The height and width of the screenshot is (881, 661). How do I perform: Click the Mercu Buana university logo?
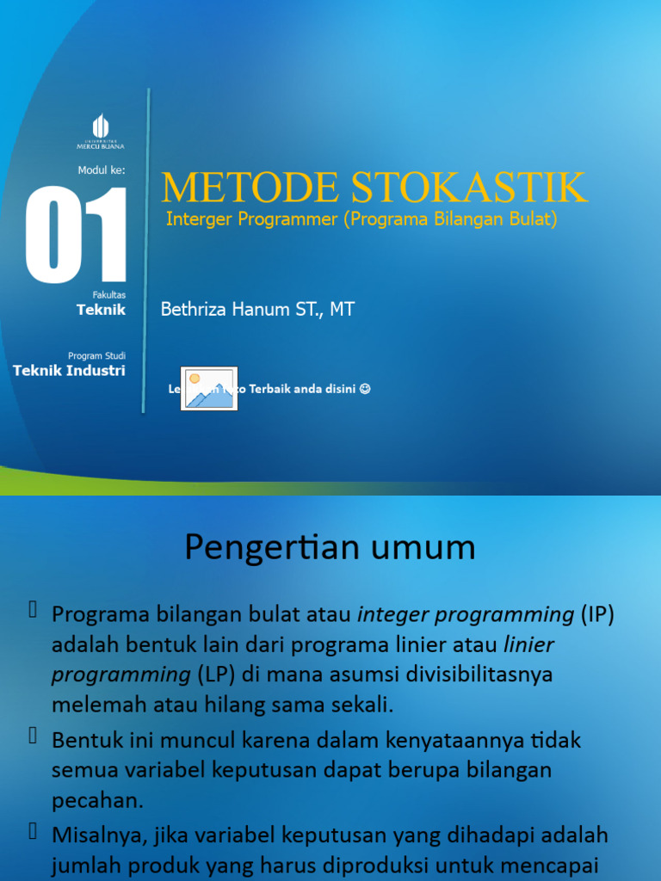101,131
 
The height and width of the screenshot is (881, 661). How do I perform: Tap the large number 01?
77,235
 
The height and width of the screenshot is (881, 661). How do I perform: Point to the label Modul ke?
102,170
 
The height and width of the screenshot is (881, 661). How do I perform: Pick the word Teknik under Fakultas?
102,310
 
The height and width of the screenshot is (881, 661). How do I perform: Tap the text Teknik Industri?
69,370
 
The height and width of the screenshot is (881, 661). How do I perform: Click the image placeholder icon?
208,389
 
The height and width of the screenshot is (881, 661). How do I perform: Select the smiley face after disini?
365,389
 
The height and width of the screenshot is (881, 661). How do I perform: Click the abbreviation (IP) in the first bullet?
597,614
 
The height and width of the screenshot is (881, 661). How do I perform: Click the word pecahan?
96,800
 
